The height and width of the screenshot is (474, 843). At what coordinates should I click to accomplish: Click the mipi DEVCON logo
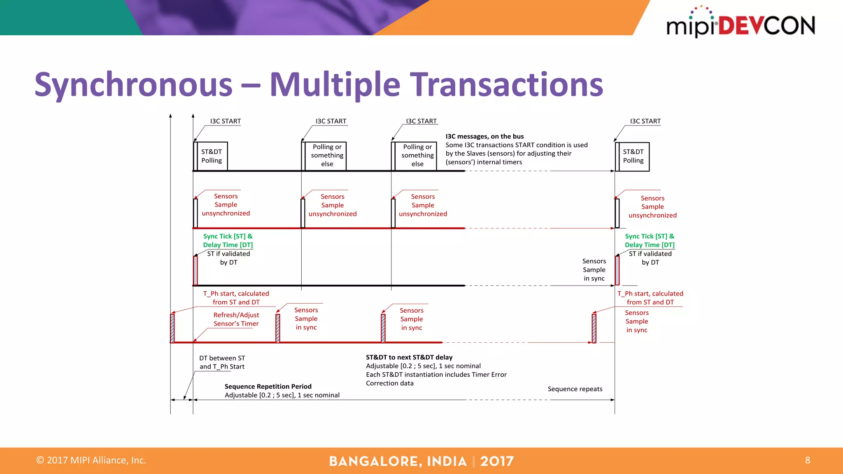click(740, 25)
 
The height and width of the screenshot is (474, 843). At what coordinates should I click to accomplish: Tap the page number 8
click(807, 460)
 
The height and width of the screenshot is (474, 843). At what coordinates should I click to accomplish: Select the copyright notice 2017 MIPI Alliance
click(91, 460)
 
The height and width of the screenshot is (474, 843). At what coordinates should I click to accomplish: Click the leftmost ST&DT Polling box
click(212, 156)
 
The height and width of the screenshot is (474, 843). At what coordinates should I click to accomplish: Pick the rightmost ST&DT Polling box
click(633, 156)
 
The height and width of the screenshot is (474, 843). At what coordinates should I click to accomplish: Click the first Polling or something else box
click(327, 156)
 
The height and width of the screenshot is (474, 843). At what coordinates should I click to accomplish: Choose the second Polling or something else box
click(417, 156)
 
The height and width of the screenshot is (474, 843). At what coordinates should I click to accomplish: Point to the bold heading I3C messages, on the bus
click(484, 136)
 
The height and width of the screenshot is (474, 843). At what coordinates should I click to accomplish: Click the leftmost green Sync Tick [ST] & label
click(228, 236)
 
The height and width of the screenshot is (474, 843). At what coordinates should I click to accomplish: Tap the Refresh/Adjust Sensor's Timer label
click(236, 319)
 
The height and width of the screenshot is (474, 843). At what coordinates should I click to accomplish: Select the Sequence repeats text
click(575, 389)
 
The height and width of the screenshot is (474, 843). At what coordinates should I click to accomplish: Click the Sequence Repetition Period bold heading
click(268, 386)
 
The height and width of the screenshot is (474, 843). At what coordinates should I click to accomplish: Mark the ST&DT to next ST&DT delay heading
click(409, 357)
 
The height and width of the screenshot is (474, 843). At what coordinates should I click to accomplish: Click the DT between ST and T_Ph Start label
click(222, 362)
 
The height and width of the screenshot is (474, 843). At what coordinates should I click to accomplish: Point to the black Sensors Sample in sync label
click(594, 270)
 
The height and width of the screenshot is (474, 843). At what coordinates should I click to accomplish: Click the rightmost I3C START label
click(645, 121)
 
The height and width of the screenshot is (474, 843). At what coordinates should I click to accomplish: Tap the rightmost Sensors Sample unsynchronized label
click(652, 207)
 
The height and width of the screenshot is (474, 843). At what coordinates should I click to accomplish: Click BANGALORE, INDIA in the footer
click(398, 461)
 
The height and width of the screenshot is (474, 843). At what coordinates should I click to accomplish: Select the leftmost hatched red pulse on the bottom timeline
click(172, 328)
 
